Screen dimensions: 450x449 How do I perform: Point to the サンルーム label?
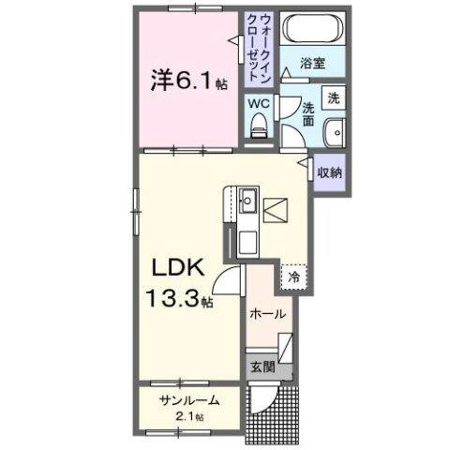[x=189, y=400]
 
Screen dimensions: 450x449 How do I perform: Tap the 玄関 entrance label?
[x=263, y=367]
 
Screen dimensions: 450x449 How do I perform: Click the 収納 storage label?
[x=328, y=172]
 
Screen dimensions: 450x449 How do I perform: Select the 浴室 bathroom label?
[x=312, y=64]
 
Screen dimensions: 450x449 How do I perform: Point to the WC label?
[x=260, y=102]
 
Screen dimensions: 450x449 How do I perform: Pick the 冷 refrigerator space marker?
[x=293, y=277]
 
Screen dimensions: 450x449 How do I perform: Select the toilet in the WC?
[x=261, y=125]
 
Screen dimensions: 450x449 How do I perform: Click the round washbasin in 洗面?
[x=334, y=132]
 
